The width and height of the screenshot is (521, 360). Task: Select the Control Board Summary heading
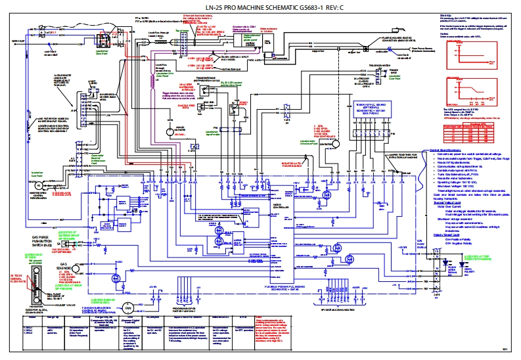(447, 150)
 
